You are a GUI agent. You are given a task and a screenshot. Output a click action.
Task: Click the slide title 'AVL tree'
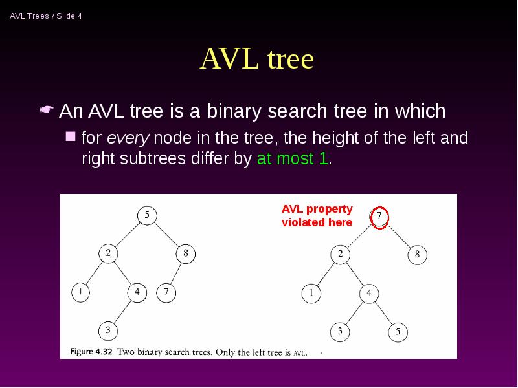257,59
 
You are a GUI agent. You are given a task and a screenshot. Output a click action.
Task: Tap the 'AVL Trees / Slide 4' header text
46,16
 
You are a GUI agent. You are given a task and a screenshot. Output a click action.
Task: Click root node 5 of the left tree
147,215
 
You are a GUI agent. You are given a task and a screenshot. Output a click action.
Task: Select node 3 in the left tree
107,330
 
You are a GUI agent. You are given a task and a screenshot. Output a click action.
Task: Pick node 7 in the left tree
166,292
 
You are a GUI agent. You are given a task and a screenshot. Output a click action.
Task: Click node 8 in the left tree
185,253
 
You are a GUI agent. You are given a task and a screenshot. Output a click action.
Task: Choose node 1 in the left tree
80,292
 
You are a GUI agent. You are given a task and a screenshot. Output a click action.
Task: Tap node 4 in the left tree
137,292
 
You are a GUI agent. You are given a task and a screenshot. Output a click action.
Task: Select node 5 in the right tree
398,332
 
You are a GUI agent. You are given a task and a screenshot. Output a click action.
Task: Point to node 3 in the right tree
339,332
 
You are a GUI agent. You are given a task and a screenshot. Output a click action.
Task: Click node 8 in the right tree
417,254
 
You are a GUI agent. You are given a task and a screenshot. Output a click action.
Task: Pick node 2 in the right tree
340,254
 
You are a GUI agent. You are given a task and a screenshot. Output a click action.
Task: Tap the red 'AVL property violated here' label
317,216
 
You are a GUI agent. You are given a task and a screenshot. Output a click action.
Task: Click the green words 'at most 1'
293,159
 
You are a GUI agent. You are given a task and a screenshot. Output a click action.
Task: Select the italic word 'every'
128,138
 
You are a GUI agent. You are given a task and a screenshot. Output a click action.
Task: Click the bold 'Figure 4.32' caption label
86,352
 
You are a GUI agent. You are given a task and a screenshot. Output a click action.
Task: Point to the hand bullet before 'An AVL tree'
47,111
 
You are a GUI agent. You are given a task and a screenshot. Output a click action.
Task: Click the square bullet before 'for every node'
71,136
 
